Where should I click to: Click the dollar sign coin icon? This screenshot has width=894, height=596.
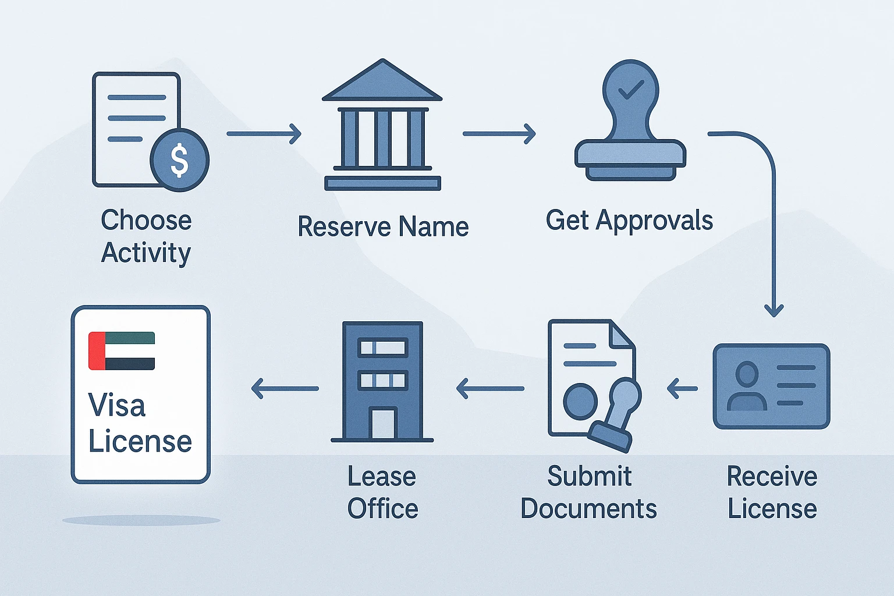pos(179,159)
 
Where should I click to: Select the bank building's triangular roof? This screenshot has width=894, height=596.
pos(382,82)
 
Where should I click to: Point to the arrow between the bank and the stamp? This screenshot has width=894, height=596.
pos(499,134)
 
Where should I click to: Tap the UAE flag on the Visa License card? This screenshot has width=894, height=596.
pos(122,351)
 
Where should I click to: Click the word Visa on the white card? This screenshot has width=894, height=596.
pos(116,405)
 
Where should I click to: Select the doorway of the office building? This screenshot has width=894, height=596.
pos(382,423)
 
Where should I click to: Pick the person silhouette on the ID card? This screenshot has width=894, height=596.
pos(747,386)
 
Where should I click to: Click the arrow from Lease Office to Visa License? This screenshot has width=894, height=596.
pos(285,388)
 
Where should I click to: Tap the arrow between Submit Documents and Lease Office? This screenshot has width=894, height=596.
pos(490,388)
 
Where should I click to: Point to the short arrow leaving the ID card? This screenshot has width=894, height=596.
pos(682,388)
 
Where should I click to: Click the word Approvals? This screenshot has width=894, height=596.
pos(654,221)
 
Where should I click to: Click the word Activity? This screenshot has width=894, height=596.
pos(146,253)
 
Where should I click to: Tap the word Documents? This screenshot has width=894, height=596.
pos(588,509)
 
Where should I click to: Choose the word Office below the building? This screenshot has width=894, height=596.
pos(382,509)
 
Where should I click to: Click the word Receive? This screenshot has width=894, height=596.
pos(772,477)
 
